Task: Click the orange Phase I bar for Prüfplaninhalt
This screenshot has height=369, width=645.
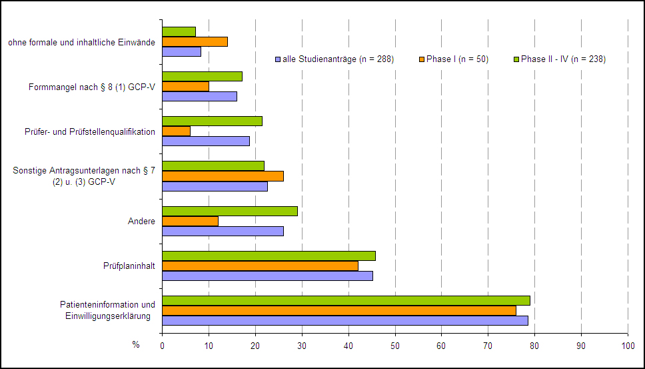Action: (260, 266)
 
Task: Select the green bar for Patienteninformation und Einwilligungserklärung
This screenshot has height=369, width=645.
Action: (346, 300)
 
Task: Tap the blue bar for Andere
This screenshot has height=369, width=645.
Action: (223, 231)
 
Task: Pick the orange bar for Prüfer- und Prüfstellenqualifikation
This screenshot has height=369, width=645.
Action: (176, 131)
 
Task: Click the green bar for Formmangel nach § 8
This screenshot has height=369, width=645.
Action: (202, 76)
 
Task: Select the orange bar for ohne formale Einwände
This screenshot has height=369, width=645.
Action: (195, 41)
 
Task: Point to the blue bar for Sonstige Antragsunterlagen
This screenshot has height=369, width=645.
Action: (215, 186)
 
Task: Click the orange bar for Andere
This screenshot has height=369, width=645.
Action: (190, 221)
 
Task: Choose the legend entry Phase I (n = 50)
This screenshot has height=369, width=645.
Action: (457, 59)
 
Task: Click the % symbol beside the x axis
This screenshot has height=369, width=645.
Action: (136, 344)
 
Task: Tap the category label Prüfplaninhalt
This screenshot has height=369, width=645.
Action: (125, 266)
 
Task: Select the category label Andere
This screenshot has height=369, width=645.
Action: (141, 221)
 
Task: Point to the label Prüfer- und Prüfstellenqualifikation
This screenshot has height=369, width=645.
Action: (85, 131)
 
